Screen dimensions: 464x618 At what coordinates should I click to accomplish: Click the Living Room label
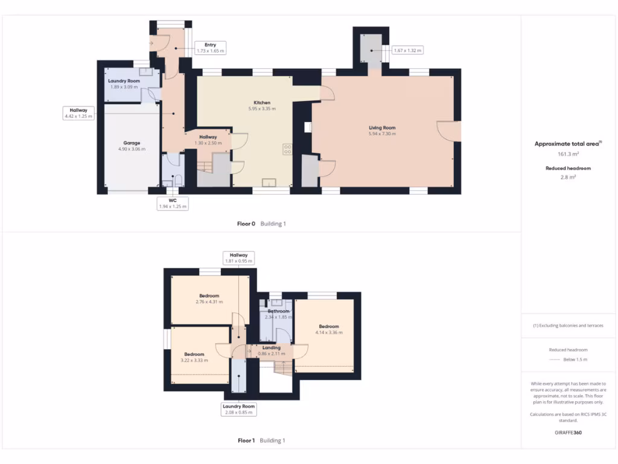[382, 127]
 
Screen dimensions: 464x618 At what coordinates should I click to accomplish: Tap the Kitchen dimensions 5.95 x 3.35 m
[261, 109]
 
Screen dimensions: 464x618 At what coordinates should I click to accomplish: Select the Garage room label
[132, 143]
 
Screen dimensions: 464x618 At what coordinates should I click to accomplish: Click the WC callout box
[172, 203]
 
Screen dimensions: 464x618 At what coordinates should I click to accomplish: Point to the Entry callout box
[210, 48]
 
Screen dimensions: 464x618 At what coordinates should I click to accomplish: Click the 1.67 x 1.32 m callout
[407, 51]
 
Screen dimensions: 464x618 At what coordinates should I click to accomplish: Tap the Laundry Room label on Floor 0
[124, 81]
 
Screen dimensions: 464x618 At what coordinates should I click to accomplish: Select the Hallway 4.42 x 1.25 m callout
[78, 113]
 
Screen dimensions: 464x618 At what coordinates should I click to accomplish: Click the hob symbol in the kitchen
[287, 149]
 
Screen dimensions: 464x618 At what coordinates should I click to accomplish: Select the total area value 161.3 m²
[567, 154]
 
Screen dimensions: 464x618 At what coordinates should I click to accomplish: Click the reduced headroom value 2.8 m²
[567, 177]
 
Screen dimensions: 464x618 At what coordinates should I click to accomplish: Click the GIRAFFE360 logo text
[567, 433]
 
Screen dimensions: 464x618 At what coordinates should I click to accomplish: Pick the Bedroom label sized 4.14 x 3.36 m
[329, 326]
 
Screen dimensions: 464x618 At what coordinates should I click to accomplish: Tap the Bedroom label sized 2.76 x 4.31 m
[209, 296]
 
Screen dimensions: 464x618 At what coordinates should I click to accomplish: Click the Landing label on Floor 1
[272, 347]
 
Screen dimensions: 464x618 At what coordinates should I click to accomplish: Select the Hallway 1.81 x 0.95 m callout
[238, 258]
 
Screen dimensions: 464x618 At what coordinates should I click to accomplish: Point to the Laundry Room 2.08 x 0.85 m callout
[239, 409]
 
